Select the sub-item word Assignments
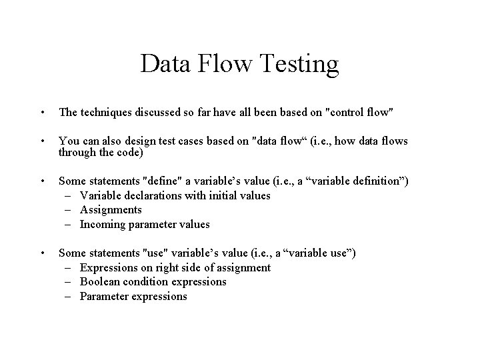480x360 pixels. pos(111,210)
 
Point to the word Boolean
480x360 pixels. pos(100,281)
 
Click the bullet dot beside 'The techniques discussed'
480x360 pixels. pos(41,113)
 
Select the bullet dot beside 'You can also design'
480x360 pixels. pos(41,141)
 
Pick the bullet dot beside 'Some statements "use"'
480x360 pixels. pos(41,253)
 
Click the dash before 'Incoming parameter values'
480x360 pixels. pos(69,224)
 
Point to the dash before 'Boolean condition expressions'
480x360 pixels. pos(69,281)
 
